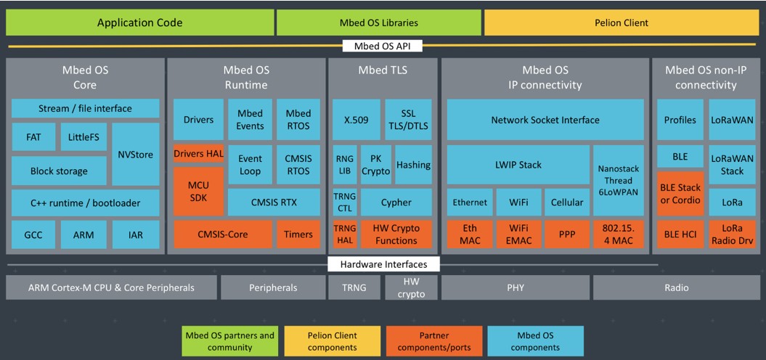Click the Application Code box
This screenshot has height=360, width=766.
pyautogui.click(x=139, y=22)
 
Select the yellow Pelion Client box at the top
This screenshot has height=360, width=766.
pyautogui.click(x=622, y=22)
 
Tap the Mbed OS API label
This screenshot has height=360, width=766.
pyautogui.click(x=382, y=46)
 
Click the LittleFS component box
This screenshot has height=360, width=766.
pyautogui.click(x=83, y=137)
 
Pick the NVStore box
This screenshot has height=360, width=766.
pyautogui.click(x=135, y=155)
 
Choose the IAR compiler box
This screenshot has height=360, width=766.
pyautogui.click(x=135, y=234)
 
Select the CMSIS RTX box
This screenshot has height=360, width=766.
pyautogui.click(x=274, y=202)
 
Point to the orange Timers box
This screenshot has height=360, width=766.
pyautogui.click(x=298, y=234)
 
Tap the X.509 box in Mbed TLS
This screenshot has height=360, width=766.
pyautogui.click(x=356, y=120)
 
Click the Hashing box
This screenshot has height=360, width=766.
pyautogui.click(x=413, y=165)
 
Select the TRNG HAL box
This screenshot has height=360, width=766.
pyautogui.click(x=345, y=234)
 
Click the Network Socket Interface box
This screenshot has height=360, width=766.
pyautogui.click(x=545, y=120)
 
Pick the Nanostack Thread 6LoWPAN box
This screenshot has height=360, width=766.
pyautogui.click(x=619, y=180)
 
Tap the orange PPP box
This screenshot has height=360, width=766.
pyautogui.click(x=566, y=234)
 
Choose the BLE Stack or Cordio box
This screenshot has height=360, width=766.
pyautogui.click(x=680, y=194)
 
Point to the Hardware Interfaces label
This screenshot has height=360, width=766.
pyautogui.click(x=383, y=265)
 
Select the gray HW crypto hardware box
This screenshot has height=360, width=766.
pyautogui.click(x=410, y=287)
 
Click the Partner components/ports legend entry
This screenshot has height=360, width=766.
pyautogui.click(x=434, y=341)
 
